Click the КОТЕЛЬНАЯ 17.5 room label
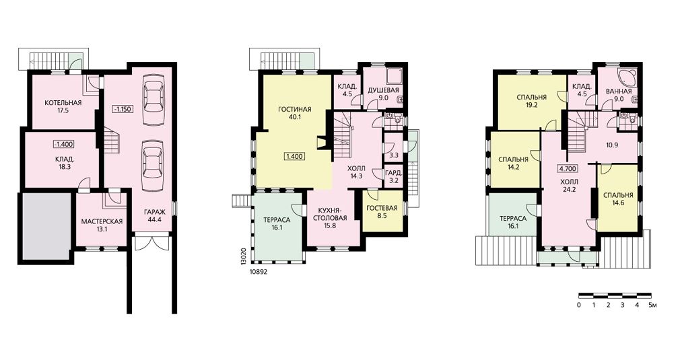[x=63, y=106]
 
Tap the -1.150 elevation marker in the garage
[x=123, y=108]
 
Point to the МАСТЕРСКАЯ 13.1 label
[x=102, y=225]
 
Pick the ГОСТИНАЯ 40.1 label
[x=295, y=112]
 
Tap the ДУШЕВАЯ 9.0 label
[x=383, y=94]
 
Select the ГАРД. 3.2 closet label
[x=393, y=177]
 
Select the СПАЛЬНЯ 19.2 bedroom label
[x=532, y=101]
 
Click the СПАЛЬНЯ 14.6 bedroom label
[x=618, y=199]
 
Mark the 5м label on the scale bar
[x=652, y=305]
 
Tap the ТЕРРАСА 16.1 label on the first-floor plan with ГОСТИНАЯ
[x=277, y=223]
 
